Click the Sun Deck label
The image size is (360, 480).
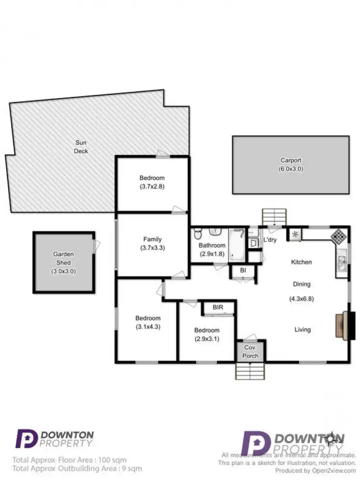81,147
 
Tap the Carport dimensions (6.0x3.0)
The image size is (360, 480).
291,169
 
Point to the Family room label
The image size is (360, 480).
152,239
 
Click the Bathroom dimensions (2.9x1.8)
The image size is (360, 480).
212,254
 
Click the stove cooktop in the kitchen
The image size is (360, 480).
338,236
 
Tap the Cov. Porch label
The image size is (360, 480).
250,352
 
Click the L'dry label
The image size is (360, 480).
269,239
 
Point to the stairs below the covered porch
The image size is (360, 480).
247,371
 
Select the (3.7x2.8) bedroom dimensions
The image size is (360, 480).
152,186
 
